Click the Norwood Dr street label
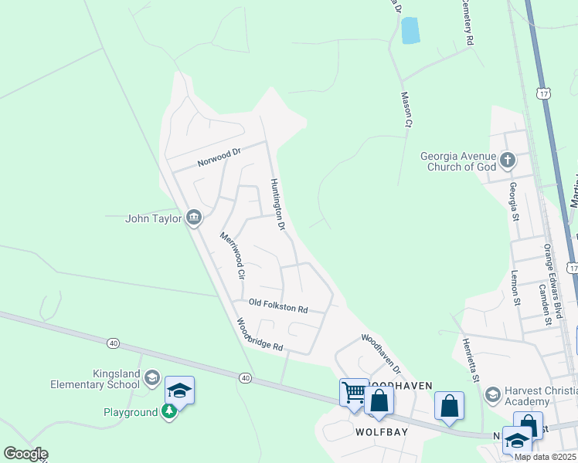click(x=219, y=157)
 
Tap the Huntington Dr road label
click(x=278, y=205)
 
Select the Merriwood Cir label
click(x=232, y=255)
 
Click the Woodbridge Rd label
click(x=260, y=336)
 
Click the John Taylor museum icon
click(x=193, y=218)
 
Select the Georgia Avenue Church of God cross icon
click(x=508, y=161)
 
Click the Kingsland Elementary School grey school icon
click(x=152, y=378)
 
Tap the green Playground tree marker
click(x=169, y=412)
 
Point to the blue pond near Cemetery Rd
click(x=410, y=30)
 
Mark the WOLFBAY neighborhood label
click(x=376, y=433)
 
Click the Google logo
click(x=25, y=454)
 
